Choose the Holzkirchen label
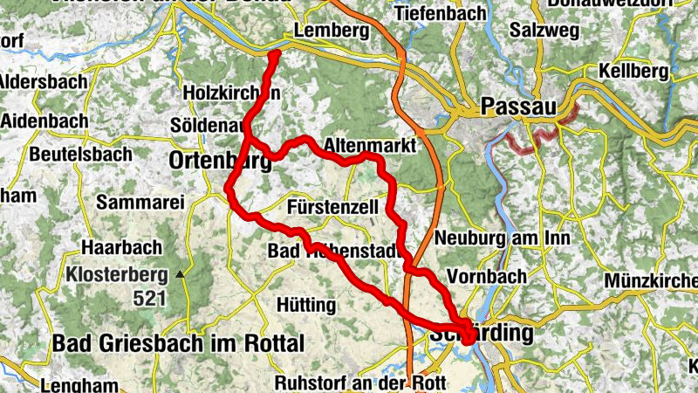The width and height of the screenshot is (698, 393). click(x=232, y=92)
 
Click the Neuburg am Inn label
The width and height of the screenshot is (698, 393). click(x=503, y=238)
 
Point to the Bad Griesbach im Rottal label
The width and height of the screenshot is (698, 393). click(x=178, y=341)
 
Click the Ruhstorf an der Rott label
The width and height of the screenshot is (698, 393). click(x=359, y=383)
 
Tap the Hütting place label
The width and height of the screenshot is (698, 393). click(x=305, y=305)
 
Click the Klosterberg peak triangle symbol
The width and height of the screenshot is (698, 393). click(x=181, y=274)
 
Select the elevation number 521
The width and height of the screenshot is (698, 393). click(x=150, y=298)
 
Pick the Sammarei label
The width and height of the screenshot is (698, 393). click(x=140, y=203)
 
